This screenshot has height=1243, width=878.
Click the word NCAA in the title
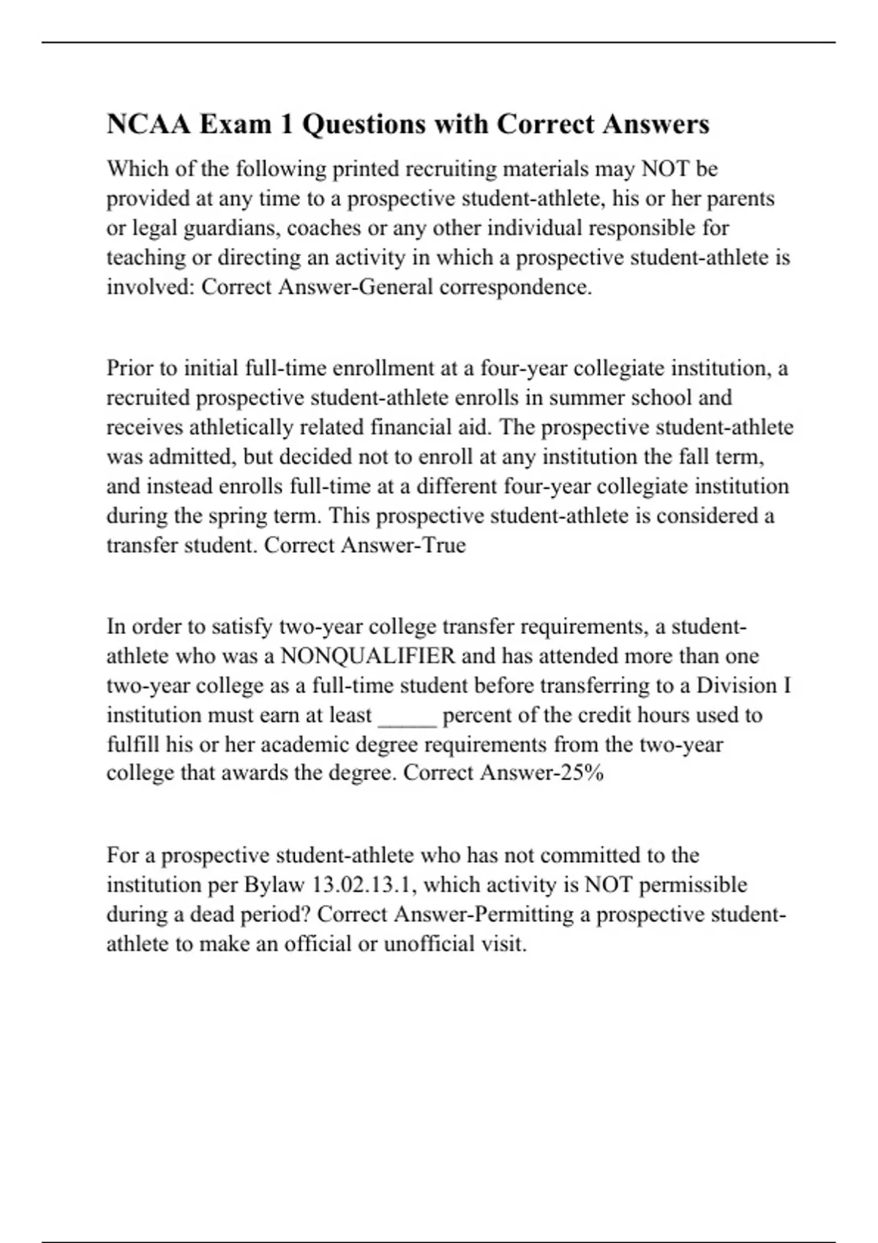point(149,124)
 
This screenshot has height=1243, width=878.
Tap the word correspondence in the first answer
point(515,287)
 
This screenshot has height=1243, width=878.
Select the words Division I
point(743,685)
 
